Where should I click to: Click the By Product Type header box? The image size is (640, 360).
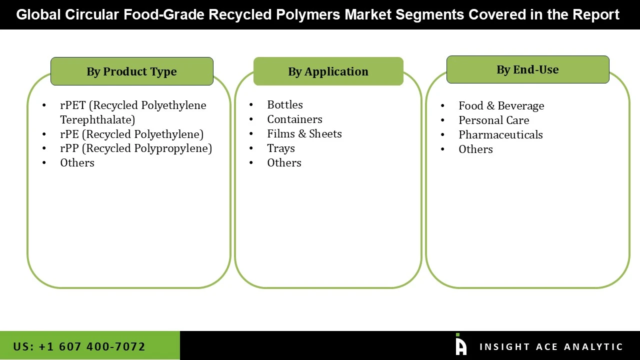tap(131, 71)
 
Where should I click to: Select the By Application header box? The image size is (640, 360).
tap(328, 71)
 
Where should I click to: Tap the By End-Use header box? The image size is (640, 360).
tap(527, 69)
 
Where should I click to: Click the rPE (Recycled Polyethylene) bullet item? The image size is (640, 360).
tap(131, 134)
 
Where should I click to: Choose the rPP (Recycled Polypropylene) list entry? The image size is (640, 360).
tap(135, 148)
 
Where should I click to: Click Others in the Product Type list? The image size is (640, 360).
tap(77, 163)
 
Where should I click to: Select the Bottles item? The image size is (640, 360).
tap(285, 105)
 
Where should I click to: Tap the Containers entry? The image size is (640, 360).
tap(294, 119)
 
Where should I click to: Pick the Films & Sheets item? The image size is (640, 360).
tap(304, 134)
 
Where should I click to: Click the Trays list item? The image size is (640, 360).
tap(280, 148)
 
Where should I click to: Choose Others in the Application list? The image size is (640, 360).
tap(284, 163)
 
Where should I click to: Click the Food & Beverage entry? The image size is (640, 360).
tap(501, 106)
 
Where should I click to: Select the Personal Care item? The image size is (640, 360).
tap(493, 120)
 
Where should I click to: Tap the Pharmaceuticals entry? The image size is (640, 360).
tap(500, 135)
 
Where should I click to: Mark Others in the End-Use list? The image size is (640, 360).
tap(475, 149)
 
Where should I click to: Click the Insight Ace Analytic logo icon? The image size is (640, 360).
tap(460, 345)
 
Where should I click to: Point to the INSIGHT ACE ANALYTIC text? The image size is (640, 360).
tap(551, 347)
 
